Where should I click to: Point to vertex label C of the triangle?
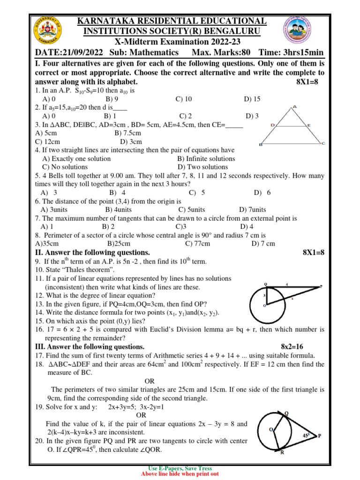tap(323, 144)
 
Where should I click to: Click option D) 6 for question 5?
tap(262, 193)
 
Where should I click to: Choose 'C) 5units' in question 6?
tap(192, 210)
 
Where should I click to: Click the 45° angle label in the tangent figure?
tap(306, 435)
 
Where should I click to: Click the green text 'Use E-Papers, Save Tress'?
tap(180, 468)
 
